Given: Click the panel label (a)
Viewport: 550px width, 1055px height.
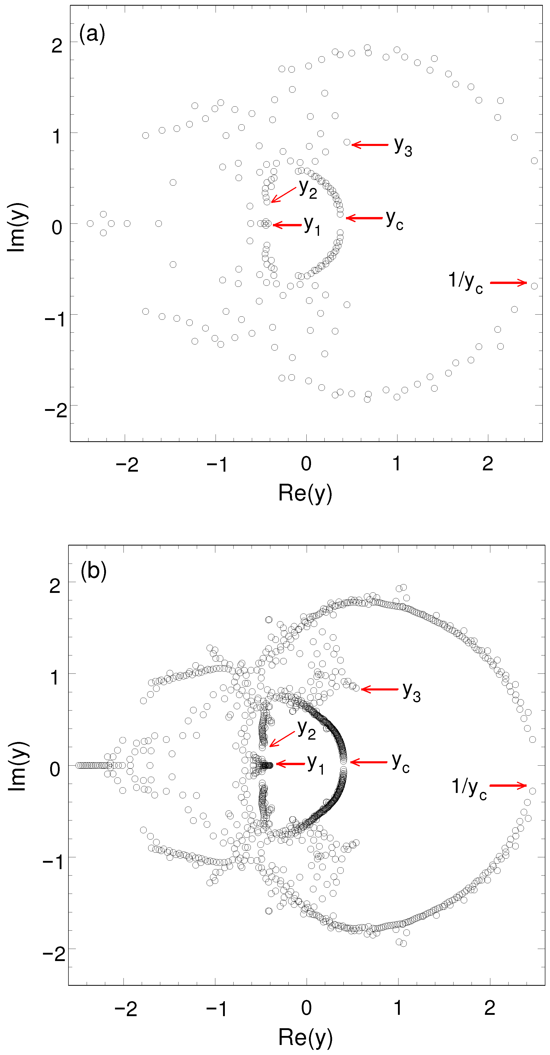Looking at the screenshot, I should pyautogui.click(x=92, y=33).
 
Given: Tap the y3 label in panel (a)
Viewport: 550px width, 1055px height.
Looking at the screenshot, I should pyautogui.click(x=403, y=146).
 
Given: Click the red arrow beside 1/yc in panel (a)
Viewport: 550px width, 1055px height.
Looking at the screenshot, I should pyautogui.click(x=508, y=283).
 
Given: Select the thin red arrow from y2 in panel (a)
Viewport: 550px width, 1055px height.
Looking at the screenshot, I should pyautogui.click(x=283, y=195).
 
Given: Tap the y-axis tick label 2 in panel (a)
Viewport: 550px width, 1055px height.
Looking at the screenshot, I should pyautogui.click(x=57, y=45).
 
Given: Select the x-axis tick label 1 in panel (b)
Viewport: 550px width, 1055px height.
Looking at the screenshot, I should pyautogui.click(x=398, y=1008).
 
